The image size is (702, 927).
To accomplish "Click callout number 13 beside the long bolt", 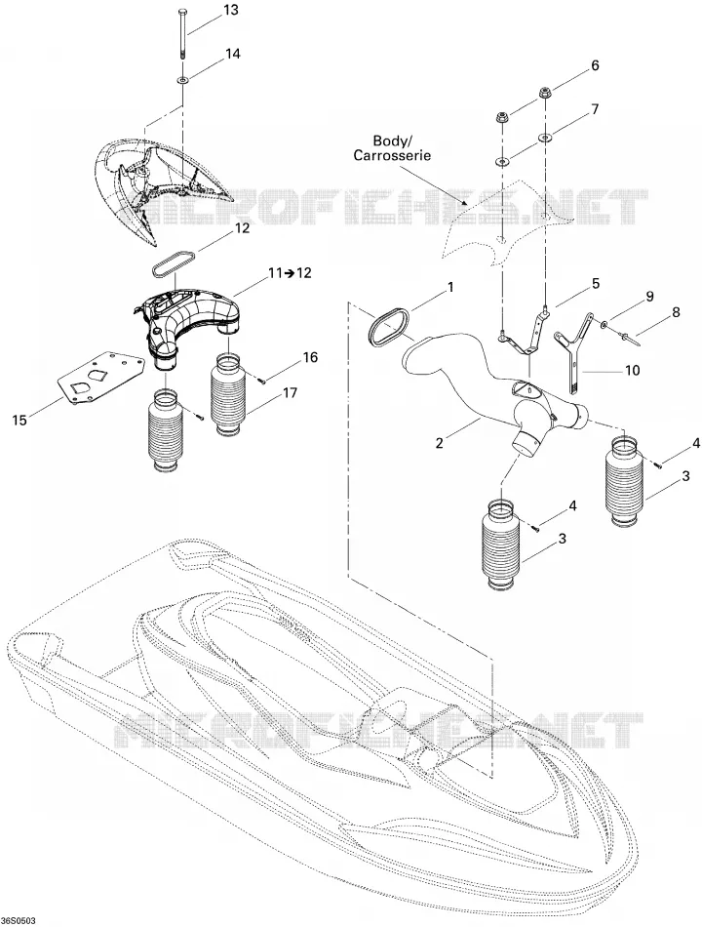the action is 231,10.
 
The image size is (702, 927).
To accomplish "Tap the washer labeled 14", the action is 182,79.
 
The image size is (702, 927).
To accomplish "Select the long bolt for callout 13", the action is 181,32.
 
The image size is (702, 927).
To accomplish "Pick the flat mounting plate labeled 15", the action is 101,379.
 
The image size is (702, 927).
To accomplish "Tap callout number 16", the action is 310,357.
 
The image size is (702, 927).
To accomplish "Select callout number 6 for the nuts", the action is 595,65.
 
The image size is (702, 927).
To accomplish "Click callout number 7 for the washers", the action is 595,109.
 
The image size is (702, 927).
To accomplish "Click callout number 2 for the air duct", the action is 439,442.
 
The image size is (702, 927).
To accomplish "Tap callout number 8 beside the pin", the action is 676,311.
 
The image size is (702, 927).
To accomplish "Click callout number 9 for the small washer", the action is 649,297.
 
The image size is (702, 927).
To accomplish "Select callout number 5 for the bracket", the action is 596,283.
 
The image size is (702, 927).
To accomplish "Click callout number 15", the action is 19,420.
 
